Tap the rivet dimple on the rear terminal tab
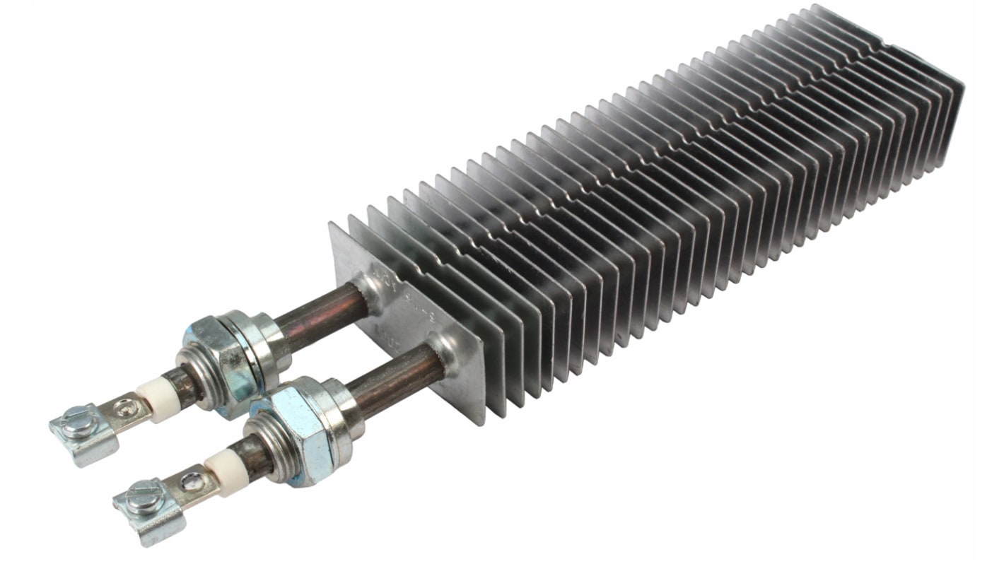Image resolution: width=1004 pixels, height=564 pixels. (x=125, y=406)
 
